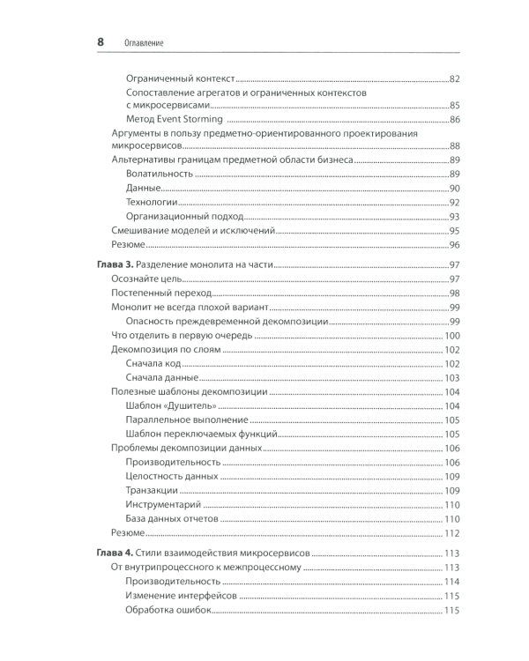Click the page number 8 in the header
click(100, 41)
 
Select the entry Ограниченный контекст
click(182, 79)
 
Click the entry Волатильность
click(160, 175)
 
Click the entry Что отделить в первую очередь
click(181, 336)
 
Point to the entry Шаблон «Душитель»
click(171, 405)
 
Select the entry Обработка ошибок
click(168, 611)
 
